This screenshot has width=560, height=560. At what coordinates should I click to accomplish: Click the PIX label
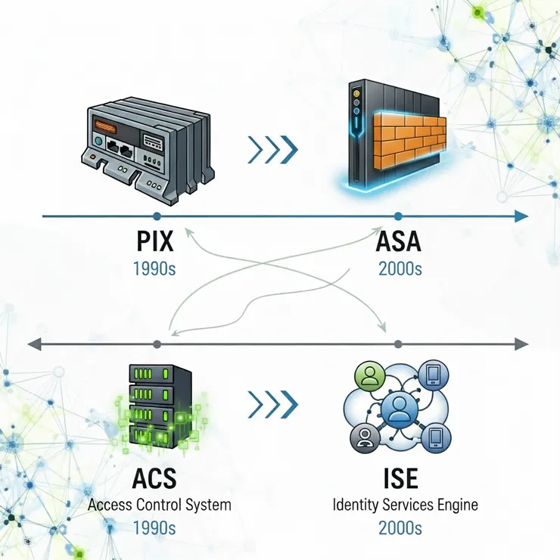155,242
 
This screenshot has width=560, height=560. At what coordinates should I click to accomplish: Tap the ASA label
398,242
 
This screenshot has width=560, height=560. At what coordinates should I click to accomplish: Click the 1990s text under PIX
154,268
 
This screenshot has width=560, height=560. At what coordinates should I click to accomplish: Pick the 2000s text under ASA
399,268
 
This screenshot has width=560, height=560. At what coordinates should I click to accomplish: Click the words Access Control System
159,504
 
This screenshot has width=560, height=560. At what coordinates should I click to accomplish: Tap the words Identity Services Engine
406,504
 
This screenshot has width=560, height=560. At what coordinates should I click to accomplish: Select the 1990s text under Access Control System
154,529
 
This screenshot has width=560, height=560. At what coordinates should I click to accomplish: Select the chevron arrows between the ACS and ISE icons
272,405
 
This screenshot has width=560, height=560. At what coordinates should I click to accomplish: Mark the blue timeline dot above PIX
156,216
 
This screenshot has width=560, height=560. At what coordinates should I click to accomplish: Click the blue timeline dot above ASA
398,216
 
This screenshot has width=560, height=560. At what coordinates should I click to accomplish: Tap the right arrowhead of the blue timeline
520,216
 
